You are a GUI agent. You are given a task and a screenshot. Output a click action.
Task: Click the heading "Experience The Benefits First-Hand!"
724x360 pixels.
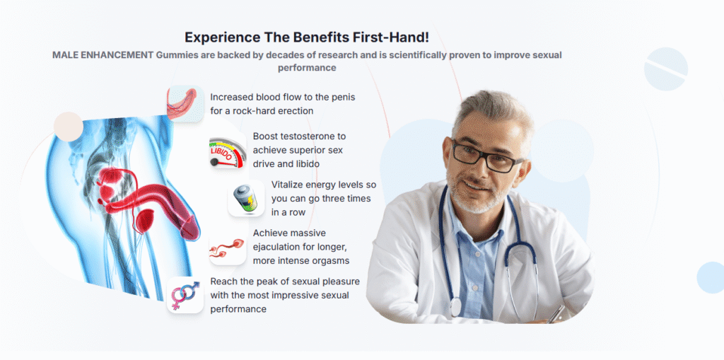click(x=307, y=37)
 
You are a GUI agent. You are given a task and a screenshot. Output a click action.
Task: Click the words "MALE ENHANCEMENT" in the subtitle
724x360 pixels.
click(x=103, y=55)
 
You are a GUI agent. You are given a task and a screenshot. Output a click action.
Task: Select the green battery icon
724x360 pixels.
click(x=245, y=199)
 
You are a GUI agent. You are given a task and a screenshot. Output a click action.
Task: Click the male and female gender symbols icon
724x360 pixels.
click(x=185, y=295)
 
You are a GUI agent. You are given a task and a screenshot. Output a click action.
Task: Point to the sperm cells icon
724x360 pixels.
click(x=227, y=248)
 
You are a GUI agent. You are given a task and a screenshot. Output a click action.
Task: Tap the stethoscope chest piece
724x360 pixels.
click(x=456, y=308)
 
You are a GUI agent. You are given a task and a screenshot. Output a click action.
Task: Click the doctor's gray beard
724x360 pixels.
click(x=476, y=197)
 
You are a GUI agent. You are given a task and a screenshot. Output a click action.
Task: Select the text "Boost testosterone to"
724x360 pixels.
click(x=299, y=137)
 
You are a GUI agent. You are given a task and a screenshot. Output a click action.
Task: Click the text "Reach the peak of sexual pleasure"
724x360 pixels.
click(x=285, y=281)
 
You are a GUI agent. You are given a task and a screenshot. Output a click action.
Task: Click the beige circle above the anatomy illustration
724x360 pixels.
click(x=69, y=127)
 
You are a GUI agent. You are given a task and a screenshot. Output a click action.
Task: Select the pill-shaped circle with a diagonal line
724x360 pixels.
click(x=666, y=69)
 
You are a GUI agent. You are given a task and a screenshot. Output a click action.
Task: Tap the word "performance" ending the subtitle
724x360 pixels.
click(x=307, y=67)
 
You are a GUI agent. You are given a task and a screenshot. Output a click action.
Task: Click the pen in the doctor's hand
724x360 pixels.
click(x=556, y=314)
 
